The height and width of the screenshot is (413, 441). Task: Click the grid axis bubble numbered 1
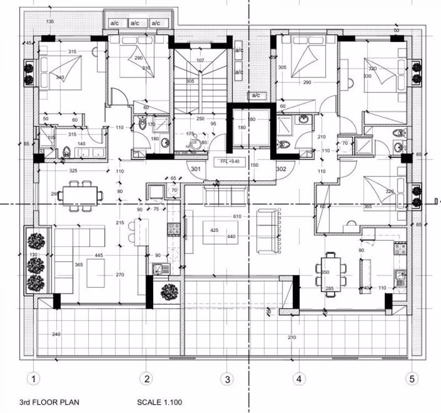34,378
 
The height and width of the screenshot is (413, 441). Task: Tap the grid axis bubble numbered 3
227,379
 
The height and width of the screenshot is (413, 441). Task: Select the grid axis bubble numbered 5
411,378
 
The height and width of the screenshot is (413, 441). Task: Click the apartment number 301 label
196,169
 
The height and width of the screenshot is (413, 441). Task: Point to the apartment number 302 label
281,169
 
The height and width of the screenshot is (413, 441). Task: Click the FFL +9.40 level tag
230,161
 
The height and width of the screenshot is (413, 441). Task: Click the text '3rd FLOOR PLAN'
49,402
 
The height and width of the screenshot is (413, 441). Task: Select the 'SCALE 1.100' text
159,402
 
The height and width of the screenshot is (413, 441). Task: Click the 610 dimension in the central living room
237,216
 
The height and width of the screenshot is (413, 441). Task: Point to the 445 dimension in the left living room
98,255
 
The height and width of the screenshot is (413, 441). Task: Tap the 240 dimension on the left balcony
56,334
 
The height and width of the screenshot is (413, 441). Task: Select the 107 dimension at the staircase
200,60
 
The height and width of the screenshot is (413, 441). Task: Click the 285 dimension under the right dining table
329,288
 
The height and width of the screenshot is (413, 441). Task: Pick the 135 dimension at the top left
50,22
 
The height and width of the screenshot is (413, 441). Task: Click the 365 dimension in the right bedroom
367,206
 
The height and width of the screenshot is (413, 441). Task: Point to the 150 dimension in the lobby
254,165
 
